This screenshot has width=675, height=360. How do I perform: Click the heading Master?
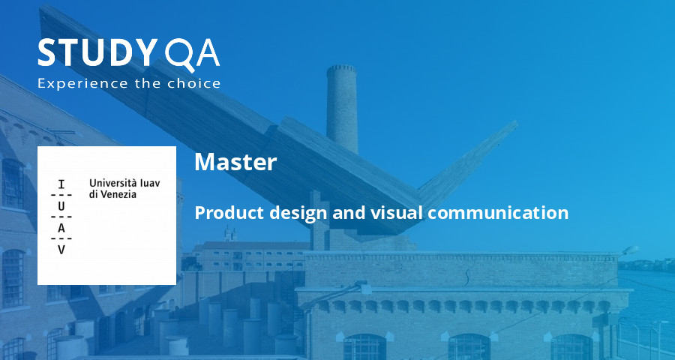click(235, 162)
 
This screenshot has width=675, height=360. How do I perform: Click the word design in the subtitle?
click(295, 213)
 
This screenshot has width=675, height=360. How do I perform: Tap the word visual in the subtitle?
click(396, 213)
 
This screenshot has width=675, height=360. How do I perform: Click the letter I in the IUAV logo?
click(61, 184)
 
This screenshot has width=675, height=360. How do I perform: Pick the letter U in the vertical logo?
click(61, 205)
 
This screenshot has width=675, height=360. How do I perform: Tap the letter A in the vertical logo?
click(61, 227)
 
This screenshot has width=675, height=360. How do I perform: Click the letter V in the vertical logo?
click(61, 249)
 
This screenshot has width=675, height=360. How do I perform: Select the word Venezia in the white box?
click(124, 193)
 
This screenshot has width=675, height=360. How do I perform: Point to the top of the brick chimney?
click(341, 69)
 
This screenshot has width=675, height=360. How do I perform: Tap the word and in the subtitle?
click(349, 213)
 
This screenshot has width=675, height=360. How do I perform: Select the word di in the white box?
click(94, 193)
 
